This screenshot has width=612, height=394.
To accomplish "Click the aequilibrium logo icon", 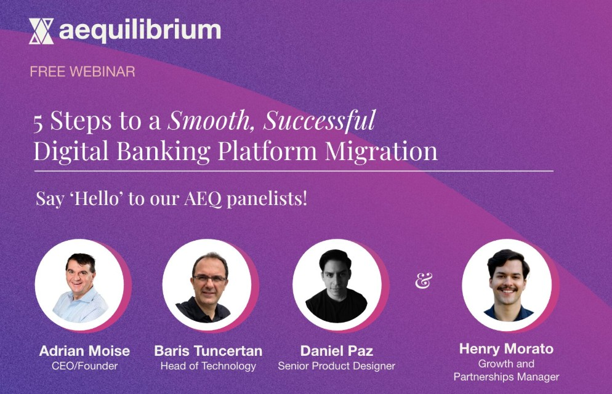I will tap(41, 31).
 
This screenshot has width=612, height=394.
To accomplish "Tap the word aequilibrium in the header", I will tap(140, 30).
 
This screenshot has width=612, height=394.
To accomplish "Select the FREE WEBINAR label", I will tap(82, 71).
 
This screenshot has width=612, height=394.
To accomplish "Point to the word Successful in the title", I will tap(320, 121).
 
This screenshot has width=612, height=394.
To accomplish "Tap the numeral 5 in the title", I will tap(39, 122).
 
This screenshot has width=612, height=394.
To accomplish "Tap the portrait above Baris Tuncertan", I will tap(207, 284).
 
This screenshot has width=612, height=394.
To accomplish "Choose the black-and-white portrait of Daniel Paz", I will tap(337, 284).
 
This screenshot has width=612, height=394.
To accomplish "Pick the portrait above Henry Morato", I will tap(507, 284).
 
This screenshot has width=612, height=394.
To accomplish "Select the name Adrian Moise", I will tap(84, 351).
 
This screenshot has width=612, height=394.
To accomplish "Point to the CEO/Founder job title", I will tap(84, 366).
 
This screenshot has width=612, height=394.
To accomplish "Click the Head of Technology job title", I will tap(208, 366).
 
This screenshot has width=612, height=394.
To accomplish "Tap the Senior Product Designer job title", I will tap(337, 366).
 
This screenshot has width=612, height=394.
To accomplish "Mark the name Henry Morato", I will tap(506, 349).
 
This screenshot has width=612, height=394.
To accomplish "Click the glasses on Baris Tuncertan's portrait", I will tap(208, 278).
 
